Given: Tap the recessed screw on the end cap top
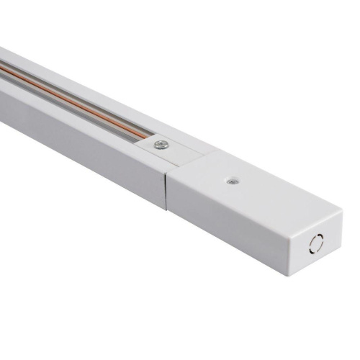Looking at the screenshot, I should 232,181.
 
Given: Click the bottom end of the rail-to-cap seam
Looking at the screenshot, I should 168,210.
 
